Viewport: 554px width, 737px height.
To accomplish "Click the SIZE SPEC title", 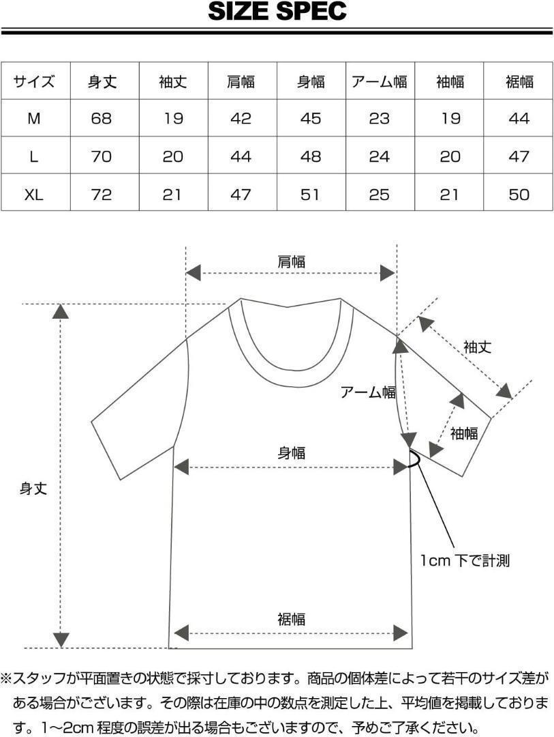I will click(277, 12).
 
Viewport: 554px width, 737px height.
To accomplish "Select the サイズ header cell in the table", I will click(34, 82).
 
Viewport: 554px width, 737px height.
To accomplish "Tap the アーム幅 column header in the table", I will click(380, 82).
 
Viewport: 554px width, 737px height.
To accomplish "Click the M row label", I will click(34, 119).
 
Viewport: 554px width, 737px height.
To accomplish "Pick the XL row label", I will click(34, 194).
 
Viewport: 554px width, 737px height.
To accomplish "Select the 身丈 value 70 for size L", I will click(102, 157).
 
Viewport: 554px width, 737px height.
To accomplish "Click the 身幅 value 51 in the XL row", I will click(311, 194).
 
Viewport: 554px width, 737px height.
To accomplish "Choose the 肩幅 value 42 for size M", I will click(241, 119).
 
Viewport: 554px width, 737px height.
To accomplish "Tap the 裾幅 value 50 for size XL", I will click(519, 194).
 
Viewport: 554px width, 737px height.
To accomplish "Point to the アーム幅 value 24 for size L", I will click(380, 157).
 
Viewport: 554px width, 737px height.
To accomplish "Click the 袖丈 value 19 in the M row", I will click(173, 119).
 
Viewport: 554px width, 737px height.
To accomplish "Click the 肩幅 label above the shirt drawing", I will click(291, 261).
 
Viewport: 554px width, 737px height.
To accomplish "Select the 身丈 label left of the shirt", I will click(33, 489).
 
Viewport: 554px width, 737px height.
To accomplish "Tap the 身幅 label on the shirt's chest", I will click(291, 452).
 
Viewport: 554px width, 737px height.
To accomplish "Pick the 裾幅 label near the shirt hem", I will click(291, 619).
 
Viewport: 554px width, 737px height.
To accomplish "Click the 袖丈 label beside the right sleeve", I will click(477, 347).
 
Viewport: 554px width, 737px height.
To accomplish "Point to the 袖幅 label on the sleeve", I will click(464, 433).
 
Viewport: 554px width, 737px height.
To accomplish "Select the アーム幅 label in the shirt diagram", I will click(368, 392).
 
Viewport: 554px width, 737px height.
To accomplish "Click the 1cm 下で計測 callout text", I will click(465, 561).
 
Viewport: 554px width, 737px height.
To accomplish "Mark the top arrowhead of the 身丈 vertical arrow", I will click(61, 311).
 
